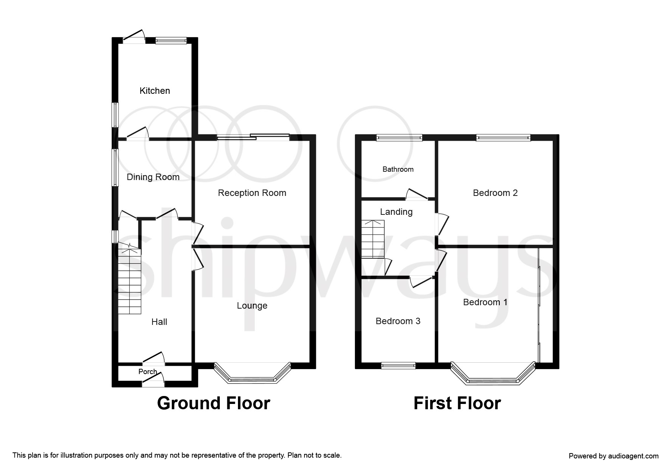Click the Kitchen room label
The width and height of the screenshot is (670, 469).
point(155,91)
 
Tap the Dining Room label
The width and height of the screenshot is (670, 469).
point(153,177)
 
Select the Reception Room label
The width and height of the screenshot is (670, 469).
point(252,193)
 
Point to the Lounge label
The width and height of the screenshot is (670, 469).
point(252,306)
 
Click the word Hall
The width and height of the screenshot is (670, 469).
point(159,322)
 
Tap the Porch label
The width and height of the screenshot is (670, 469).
point(148,371)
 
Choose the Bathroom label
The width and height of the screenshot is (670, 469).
point(398,169)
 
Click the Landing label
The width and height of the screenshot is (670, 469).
point(396,212)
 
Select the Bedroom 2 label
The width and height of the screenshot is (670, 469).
point(495,193)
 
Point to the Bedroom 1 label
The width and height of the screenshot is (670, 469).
point(485,302)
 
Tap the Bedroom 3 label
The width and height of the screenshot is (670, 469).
point(398,321)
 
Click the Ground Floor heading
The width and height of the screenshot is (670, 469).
point(214,403)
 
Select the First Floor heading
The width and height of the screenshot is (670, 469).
point(457,403)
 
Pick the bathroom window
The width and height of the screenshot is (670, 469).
point(399,138)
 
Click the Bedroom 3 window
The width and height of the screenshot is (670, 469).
point(398,365)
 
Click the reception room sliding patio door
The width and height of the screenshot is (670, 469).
point(253,137)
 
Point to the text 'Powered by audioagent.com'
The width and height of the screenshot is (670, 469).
point(614,456)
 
